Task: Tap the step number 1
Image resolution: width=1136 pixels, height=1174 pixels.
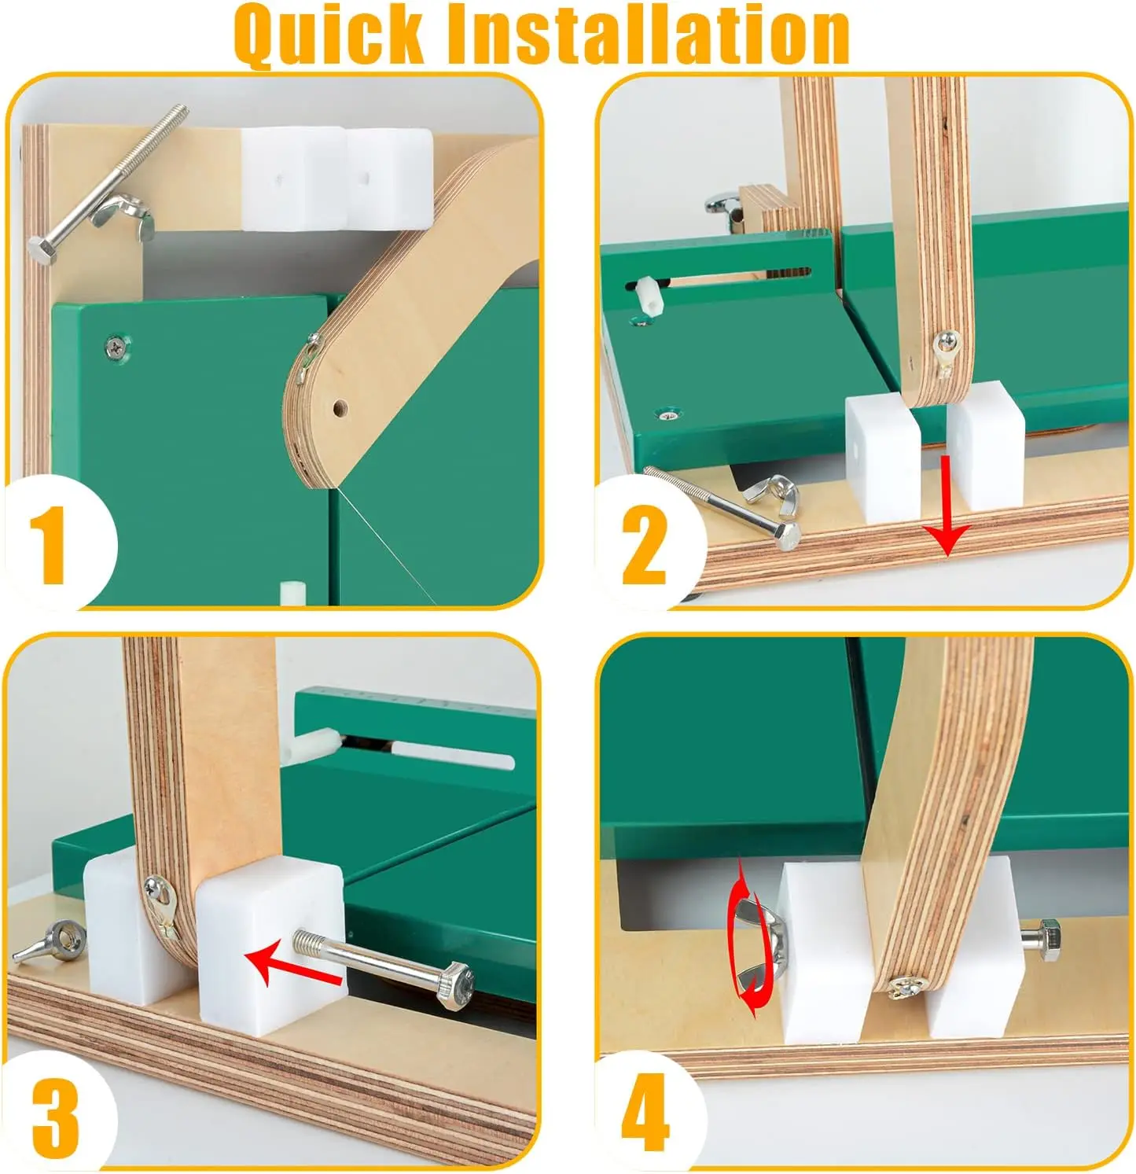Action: click(52, 545)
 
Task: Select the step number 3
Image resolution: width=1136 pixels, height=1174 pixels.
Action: click(55, 1117)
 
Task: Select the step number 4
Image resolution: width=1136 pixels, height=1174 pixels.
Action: click(645, 1117)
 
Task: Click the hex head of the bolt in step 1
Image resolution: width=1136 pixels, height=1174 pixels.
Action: click(40, 251)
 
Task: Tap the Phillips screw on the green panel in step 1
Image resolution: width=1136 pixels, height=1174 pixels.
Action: click(117, 345)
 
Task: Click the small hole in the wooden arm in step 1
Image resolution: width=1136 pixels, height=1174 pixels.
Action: click(340, 409)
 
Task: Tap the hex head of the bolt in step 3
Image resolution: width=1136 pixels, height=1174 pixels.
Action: click(456, 987)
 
